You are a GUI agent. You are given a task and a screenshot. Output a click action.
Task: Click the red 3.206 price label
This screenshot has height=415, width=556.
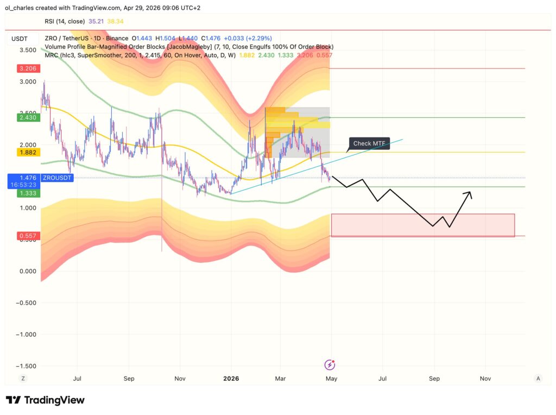[x=27, y=68]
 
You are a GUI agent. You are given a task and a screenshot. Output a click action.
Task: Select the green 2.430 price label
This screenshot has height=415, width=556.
[x=27, y=117]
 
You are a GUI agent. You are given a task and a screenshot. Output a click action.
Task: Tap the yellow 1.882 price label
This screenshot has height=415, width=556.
[x=27, y=153]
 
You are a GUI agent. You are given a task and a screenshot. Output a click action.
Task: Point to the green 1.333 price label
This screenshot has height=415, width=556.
[x=27, y=193]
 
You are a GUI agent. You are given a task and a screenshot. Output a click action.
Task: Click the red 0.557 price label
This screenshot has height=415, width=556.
[x=27, y=236]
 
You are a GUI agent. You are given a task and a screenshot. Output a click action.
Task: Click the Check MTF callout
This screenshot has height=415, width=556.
[x=369, y=143]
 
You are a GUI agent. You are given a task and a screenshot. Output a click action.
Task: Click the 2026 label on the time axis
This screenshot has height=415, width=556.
[x=231, y=378]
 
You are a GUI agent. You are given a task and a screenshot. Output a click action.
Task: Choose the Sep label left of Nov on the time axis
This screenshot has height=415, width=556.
[x=129, y=378]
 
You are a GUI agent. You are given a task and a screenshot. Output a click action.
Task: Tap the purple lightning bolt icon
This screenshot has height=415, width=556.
[x=330, y=365]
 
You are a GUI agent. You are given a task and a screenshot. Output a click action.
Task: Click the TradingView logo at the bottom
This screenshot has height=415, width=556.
[x=46, y=400]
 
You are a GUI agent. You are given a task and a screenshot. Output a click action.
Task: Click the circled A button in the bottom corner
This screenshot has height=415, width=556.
[x=538, y=378]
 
